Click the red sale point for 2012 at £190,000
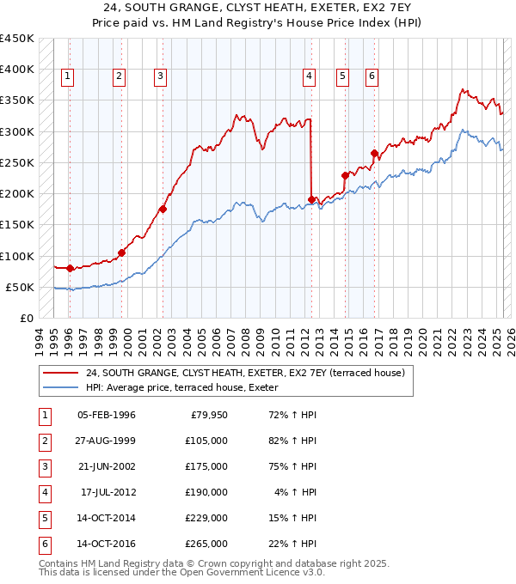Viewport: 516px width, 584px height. tap(311, 199)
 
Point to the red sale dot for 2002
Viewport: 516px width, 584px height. tap(163, 209)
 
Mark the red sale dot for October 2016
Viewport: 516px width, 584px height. tap(374, 154)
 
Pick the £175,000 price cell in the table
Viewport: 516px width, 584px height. tap(206, 466)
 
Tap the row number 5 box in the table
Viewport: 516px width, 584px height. tap(44, 518)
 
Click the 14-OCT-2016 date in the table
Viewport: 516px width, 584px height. tap(106, 544)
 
